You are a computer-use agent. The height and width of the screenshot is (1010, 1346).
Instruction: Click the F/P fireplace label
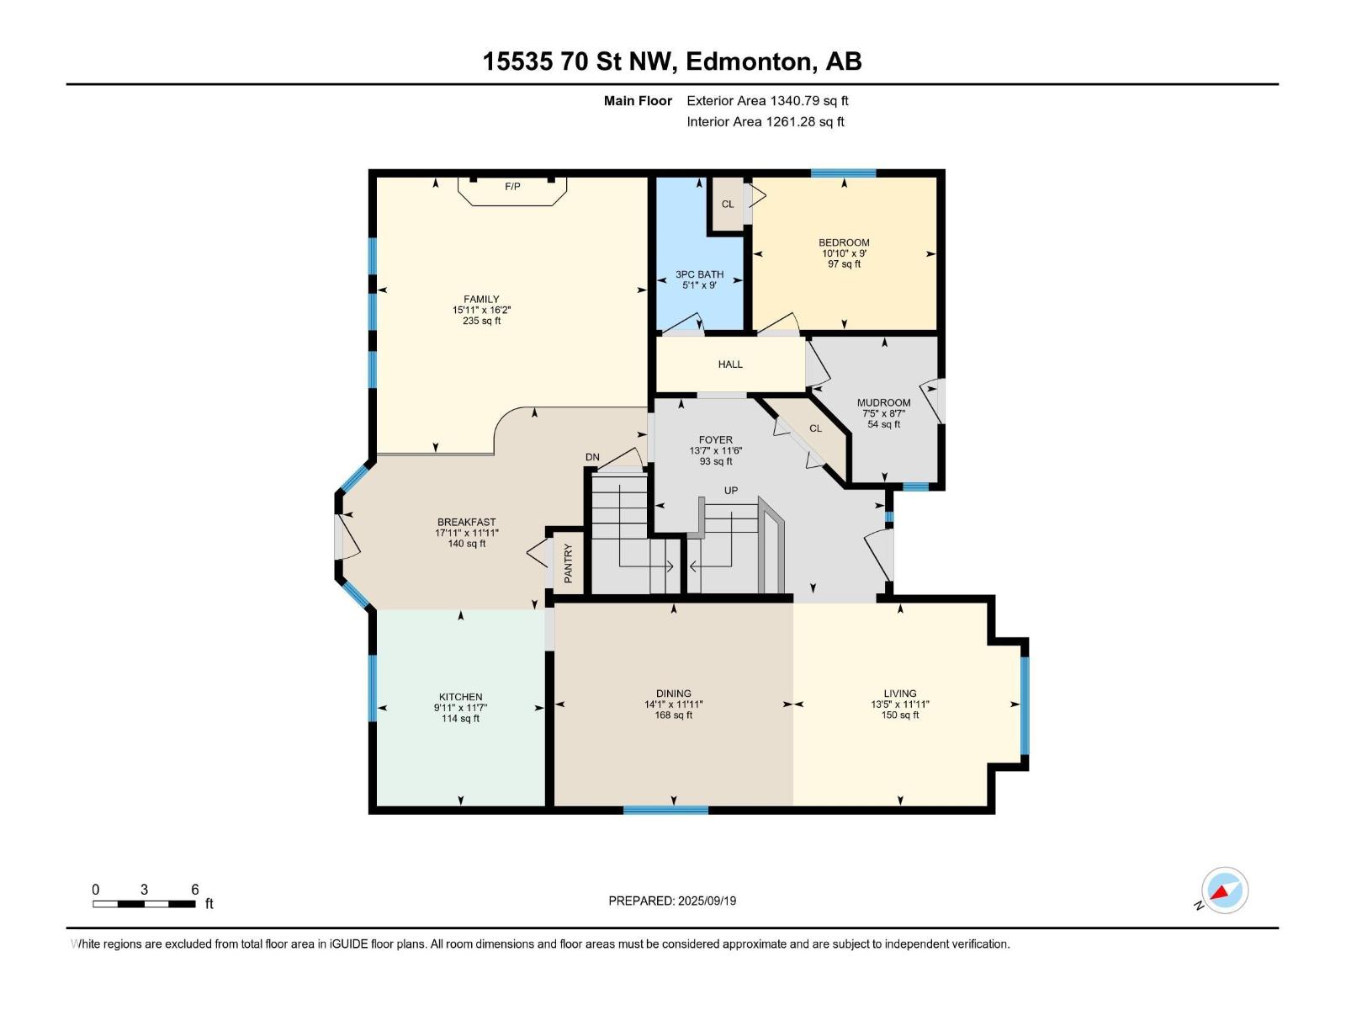pos(512,187)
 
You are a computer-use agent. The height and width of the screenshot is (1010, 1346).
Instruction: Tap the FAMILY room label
pos(481,299)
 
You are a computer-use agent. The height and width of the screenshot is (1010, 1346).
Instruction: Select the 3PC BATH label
pos(699,274)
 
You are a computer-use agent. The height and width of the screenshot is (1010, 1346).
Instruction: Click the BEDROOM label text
pos(844,242)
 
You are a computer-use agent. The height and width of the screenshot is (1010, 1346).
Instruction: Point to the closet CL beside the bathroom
pos(728,204)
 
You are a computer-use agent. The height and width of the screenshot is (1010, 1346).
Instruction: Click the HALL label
pos(730,364)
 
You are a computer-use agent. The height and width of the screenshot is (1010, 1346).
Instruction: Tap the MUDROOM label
pos(883,402)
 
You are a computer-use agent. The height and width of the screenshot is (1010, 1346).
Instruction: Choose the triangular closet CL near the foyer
pos(815,428)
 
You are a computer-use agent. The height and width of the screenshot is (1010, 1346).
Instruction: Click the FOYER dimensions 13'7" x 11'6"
pos(715,450)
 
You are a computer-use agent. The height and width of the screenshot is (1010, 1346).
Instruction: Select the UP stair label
pos(731,490)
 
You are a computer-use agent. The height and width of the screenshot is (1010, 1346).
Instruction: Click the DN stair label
pos(592,457)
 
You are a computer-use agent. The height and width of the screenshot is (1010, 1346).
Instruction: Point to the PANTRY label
pos(568,563)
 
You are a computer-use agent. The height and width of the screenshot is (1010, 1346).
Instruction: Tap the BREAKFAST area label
pos(466,522)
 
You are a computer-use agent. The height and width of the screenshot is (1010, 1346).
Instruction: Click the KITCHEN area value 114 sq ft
pos(460,719)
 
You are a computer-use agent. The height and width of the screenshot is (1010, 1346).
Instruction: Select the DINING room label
pos(673,694)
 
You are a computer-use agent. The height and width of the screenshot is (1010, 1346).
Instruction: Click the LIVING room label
pos(899,694)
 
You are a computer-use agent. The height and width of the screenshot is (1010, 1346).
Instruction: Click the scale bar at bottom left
pos(144,903)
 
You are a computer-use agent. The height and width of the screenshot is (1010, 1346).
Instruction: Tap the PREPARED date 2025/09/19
pos(705,901)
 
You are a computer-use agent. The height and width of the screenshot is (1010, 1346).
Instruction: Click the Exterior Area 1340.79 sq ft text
pos(766,101)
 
